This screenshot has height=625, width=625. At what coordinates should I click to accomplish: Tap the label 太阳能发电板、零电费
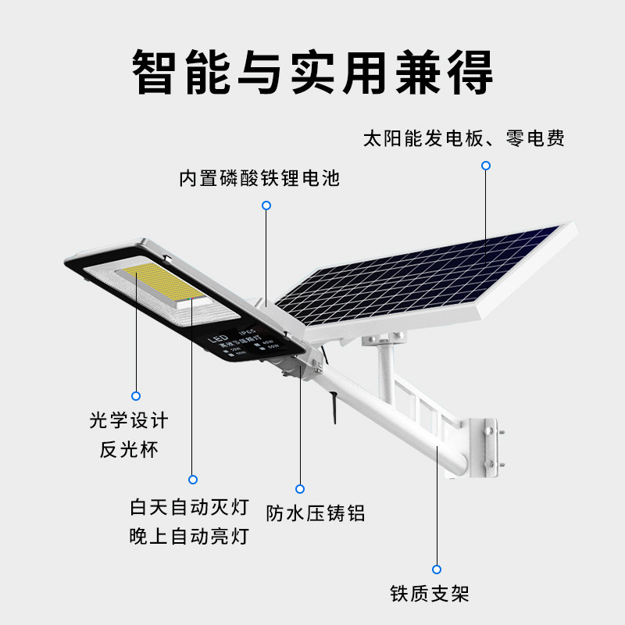tap(463, 139)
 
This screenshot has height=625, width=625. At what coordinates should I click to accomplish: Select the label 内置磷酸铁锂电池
tap(259, 178)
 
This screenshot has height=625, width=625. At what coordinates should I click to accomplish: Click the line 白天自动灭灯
tap(189, 507)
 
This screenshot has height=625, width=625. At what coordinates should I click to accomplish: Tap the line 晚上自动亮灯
tap(189, 536)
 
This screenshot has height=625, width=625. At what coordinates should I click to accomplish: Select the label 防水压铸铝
tap(315, 513)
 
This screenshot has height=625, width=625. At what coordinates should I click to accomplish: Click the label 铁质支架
tap(430, 593)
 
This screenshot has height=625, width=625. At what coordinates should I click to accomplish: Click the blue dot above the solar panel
tap(485, 166)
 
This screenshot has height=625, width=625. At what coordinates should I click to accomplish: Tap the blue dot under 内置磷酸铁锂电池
tap(266, 205)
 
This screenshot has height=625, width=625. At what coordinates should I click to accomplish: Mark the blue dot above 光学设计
tap(136, 395)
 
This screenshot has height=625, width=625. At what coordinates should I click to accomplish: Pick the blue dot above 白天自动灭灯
tap(193, 480)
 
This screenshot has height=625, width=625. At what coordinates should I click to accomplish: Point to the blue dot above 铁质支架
tap(437, 569)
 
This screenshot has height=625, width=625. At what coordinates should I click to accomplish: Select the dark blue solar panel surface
tap(422, 277)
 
